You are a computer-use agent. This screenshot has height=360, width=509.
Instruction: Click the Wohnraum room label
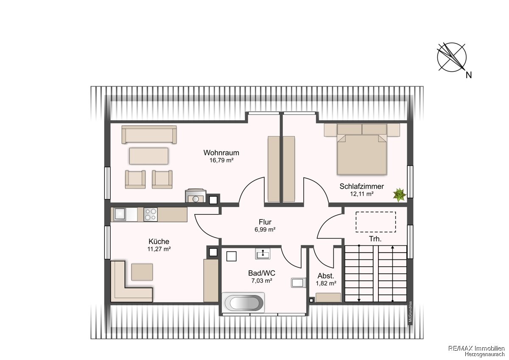click(x=221, y=152)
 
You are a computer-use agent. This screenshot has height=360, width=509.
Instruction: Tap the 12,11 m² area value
click(x=362, y=194)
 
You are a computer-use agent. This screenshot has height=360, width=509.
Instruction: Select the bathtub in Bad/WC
click(x=243, y=303)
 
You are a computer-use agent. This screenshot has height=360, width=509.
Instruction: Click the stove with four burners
click(x=151, y=214)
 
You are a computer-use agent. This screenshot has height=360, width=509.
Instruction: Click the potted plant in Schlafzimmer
click(x=400, y=195)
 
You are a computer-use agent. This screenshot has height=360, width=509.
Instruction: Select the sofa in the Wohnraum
click(x=149, y=135)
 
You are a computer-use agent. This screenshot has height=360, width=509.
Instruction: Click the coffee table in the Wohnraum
click(x=149, y=156)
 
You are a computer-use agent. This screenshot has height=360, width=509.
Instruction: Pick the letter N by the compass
click(x=469, y=75)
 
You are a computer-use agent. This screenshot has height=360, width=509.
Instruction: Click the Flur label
click(x=265, y=222)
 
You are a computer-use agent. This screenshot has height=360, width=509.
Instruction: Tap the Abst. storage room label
click(x=326, y=276)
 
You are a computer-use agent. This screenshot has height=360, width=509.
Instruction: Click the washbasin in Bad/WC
click(x=263, y=253)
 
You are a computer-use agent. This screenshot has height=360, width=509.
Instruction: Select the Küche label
click(x=159, y=241)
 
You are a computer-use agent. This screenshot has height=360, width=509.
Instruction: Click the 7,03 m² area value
click(x=262, y=281)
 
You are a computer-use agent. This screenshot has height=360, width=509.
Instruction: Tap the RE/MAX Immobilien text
click(x=475, y=348)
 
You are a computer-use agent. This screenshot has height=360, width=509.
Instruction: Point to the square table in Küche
click(x=142, y=272)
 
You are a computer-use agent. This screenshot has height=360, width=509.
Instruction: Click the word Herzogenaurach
click(x=484, y=354)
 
